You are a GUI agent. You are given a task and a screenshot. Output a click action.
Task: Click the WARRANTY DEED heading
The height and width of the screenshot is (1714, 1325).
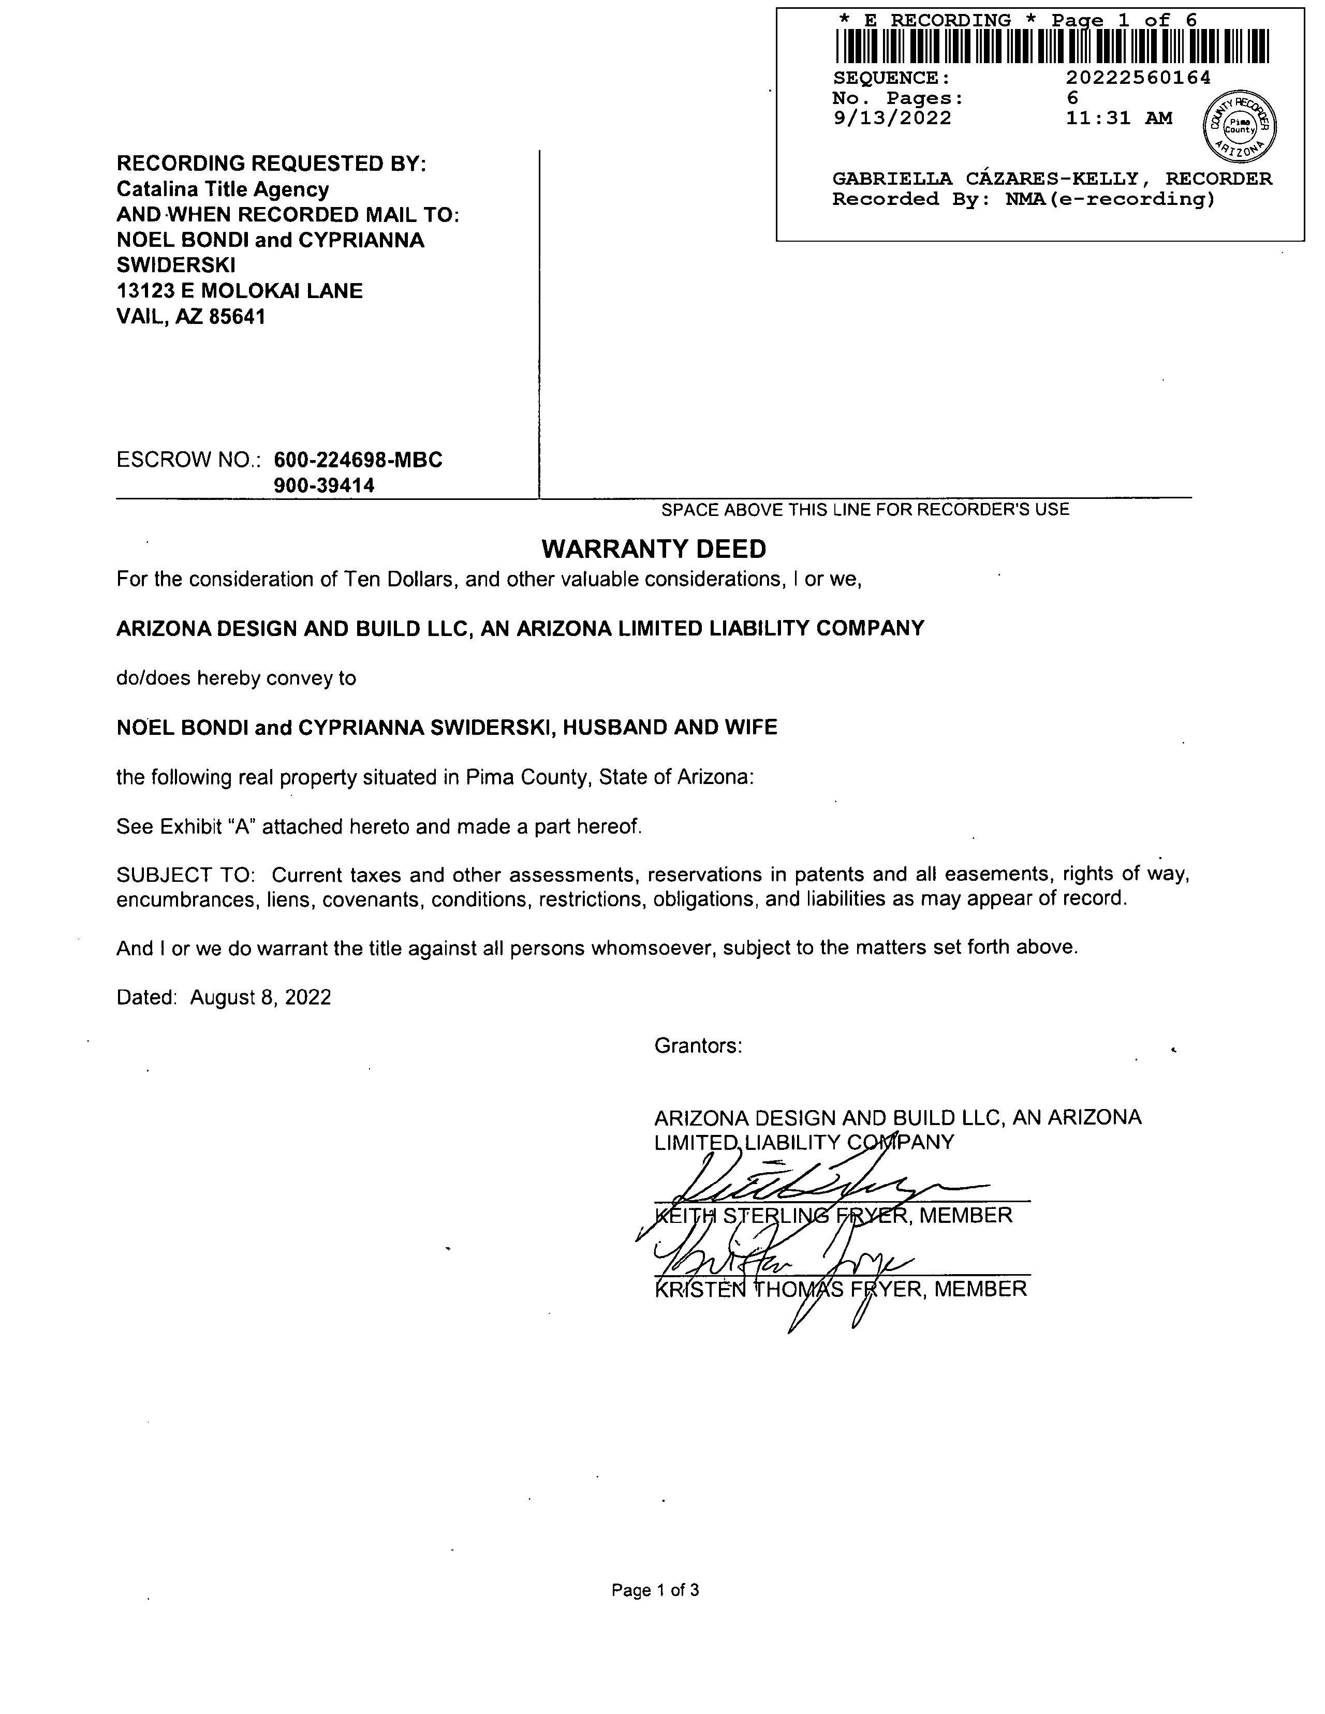click(x=654, y=549)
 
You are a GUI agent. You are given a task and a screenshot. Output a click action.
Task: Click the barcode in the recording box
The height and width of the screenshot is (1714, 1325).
click(x=1052, y=46)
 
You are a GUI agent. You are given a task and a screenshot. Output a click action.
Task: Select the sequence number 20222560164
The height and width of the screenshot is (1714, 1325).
click(x=1138, y=78)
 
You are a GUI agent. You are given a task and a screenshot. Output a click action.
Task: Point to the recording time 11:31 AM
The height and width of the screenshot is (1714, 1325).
click(x=1118, y=119)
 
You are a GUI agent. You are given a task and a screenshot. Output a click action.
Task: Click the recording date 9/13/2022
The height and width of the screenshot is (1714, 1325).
click(x=892, y=119)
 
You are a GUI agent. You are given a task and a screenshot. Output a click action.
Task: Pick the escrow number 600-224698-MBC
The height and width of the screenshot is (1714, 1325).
click(x=358, y=460)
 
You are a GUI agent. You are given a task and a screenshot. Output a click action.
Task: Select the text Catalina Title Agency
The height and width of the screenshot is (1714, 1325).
click(x=223, y=189)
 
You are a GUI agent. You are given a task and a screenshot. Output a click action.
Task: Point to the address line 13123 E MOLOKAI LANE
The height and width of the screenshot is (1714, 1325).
click(x=240, y=291)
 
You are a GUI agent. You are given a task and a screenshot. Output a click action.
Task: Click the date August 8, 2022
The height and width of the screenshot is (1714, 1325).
click(x=261, y=997)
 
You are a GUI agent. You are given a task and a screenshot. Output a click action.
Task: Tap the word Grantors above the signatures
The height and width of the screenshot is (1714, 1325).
click(x=698, y=1046)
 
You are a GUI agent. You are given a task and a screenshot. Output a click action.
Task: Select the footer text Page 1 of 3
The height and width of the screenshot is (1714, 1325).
click(x=655, y=1590)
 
